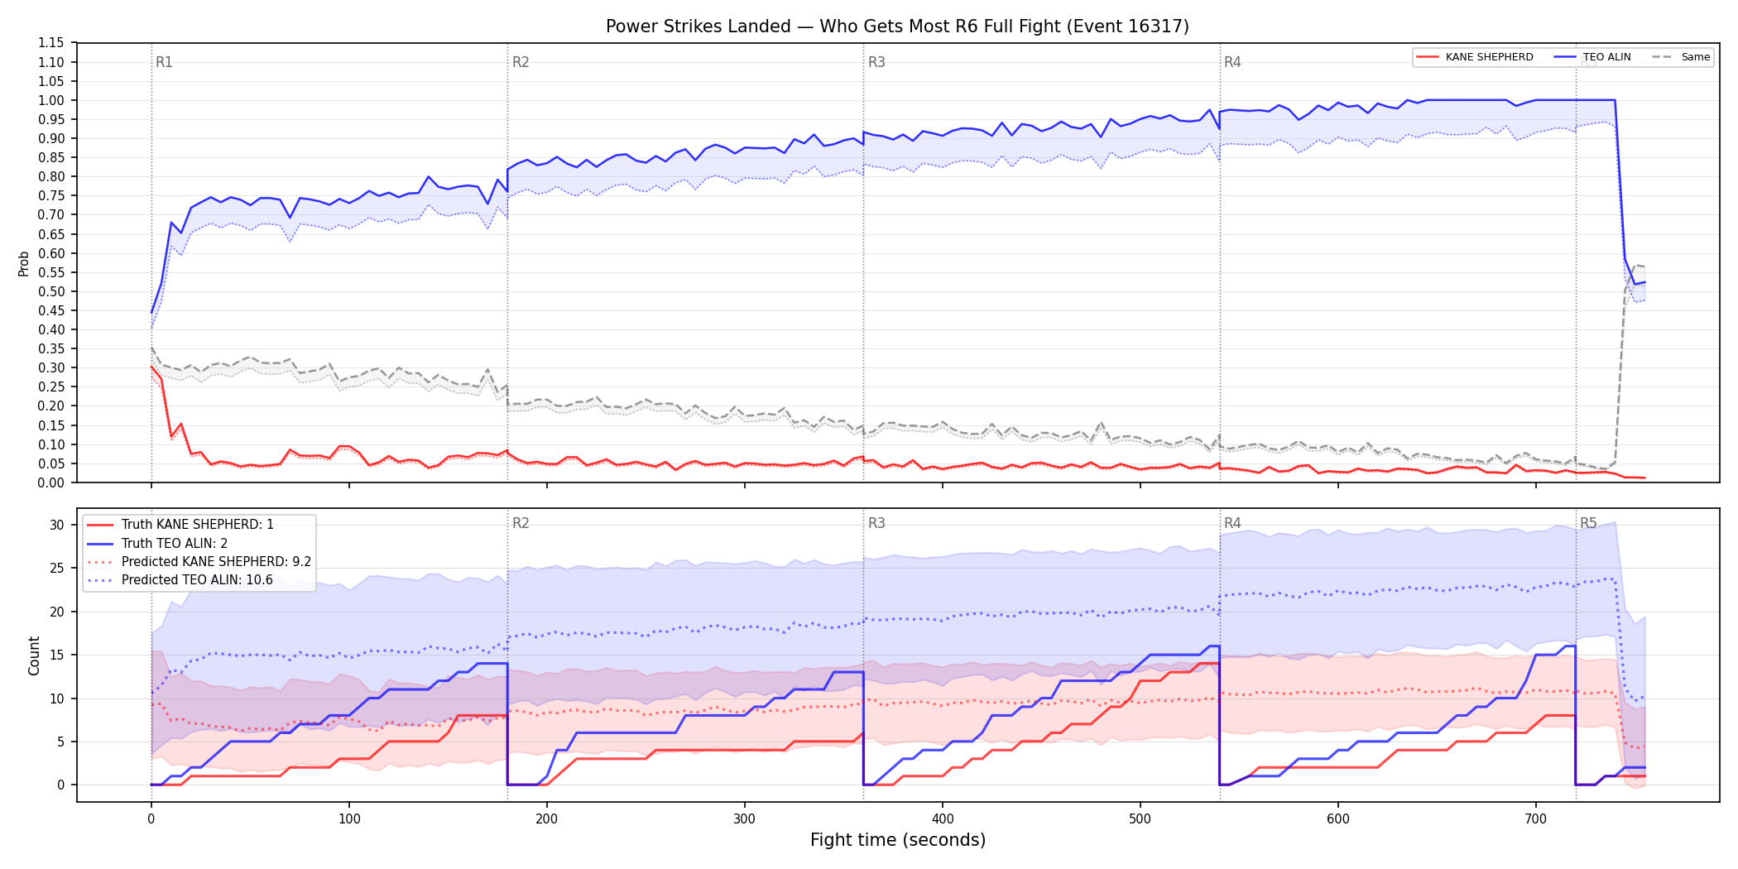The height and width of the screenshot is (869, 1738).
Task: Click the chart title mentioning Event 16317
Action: coord(897,26)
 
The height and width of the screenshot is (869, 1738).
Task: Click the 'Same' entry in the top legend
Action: coord(1681,57)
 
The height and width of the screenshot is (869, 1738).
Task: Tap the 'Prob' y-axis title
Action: coord(24,263)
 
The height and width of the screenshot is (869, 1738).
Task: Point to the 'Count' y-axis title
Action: coord(34,655)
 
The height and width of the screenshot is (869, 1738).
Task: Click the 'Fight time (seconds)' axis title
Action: coord(898,840)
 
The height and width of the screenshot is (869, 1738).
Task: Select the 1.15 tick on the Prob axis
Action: coord(51,43)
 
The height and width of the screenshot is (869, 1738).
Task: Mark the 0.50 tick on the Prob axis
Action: coord(51,291)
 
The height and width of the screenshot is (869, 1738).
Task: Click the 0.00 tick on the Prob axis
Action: coord(51,483)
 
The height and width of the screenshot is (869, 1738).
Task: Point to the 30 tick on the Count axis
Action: coord(57,525)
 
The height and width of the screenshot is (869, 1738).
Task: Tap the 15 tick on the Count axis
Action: coord(57,655)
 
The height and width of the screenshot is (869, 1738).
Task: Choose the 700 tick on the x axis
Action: coord(1535,819)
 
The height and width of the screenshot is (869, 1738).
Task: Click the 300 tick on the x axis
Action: coord(745,819)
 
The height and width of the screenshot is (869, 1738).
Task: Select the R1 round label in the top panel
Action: coord(164,62)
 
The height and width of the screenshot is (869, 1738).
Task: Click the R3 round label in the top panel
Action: coord(876,62)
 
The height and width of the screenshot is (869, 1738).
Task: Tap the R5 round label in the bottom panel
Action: coord(1588,523)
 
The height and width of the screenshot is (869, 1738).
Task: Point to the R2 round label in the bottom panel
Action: coord(521,523)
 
